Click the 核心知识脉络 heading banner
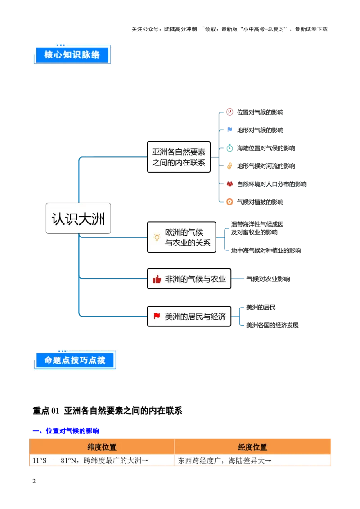72,55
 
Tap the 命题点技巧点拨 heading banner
75,361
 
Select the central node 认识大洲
78,219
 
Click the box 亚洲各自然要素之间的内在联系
179,156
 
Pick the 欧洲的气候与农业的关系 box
181,237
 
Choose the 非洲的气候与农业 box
189,279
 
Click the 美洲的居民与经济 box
189,316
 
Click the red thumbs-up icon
157,279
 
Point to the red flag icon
157,316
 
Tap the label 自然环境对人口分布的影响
272,184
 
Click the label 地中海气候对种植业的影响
266,250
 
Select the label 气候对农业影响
268,279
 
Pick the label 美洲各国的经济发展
272,326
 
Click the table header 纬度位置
102,447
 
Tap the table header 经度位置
252,447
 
